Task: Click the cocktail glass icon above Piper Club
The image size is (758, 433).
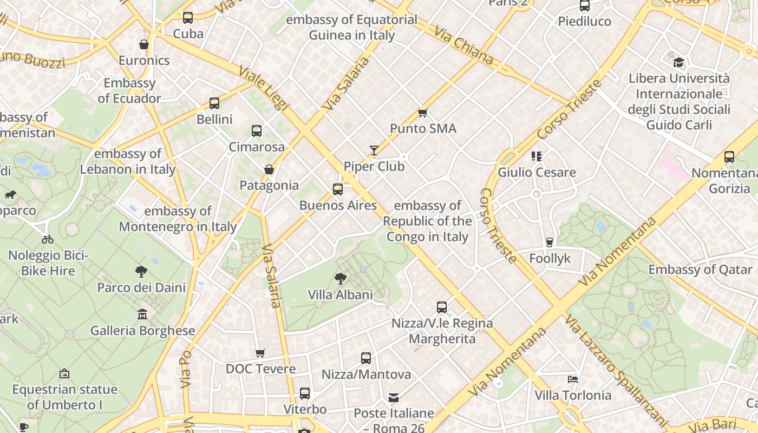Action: [374, 150]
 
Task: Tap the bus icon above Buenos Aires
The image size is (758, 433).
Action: [338, 189]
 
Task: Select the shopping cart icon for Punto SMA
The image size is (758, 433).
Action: [423, 113]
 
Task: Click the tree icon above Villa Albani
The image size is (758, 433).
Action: [340, 279]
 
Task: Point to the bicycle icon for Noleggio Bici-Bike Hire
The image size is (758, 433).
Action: [48, 239]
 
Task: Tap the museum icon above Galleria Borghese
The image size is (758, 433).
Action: [142, 314]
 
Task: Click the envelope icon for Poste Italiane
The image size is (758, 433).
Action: [394, 398]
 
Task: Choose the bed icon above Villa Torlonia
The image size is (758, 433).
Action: [573, 379]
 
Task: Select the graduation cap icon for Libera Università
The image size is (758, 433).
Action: [678, 62]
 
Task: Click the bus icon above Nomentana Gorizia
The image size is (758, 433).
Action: [729, 157]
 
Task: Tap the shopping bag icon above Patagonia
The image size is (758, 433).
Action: [269, 169]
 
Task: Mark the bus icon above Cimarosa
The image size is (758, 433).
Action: [257, 130]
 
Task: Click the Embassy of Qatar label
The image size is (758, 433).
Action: [700, 270]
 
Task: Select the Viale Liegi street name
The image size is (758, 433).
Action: [264, 89]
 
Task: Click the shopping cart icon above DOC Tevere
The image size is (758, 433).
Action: [260, 353]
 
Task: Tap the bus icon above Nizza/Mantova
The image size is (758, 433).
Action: [366, 358]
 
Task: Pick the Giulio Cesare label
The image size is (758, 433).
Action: [537, 173]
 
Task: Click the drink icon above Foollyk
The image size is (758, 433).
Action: [550, 242]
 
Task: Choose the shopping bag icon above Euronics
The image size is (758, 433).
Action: [144, 44]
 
